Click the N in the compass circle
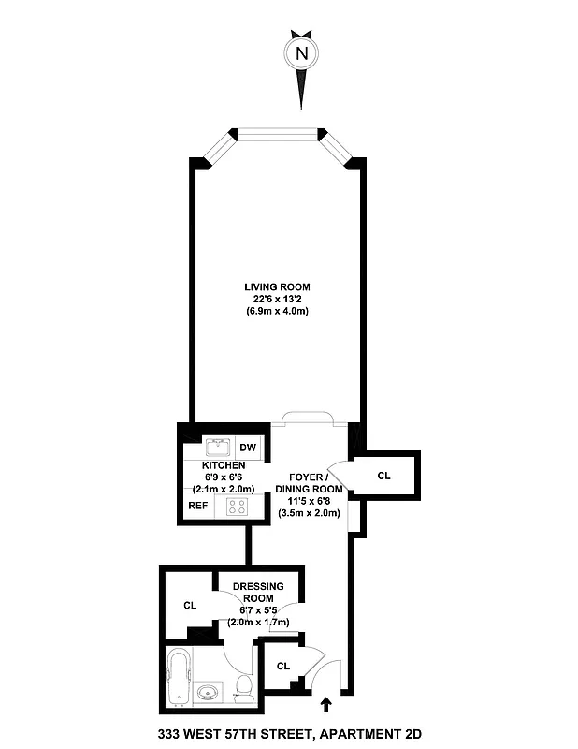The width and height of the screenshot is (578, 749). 301,53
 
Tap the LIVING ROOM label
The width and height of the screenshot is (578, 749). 277,286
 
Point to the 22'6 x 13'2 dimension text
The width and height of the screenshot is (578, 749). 277,299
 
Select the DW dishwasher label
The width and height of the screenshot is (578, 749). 248,448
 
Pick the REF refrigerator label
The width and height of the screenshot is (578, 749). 197,506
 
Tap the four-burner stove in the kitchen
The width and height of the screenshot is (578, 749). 237,507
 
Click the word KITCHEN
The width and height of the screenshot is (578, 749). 223,465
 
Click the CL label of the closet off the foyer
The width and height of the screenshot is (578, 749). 383,476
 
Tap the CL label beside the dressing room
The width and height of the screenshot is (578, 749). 190,606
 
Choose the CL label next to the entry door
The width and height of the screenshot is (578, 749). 283,666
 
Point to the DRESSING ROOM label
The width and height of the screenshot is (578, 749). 258,591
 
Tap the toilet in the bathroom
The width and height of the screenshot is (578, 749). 244,688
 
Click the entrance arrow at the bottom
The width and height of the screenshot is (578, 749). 326,704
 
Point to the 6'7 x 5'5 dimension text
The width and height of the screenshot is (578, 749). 258,609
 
